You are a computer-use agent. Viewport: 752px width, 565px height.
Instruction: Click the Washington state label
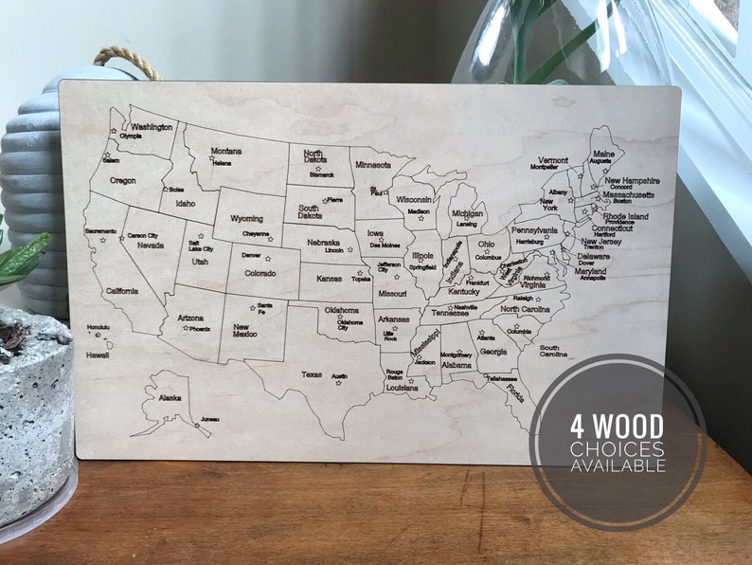pos(152,126)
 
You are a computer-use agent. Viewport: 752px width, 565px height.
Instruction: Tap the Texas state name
pos(312,374)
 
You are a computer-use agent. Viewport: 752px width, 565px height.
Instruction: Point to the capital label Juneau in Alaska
pos(210,419)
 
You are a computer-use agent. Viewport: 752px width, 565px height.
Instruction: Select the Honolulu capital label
pos(98,328)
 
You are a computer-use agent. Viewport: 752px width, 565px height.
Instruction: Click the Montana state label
pos(225,151)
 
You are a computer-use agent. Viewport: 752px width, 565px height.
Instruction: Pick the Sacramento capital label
pos(100,230)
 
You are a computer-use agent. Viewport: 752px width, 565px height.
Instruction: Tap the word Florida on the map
pos(514,392)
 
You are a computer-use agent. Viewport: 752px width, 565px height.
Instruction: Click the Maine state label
pos(603,153)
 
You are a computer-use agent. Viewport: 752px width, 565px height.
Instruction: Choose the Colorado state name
pos(246,275)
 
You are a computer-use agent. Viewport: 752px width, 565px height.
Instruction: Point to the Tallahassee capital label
pos(501,377)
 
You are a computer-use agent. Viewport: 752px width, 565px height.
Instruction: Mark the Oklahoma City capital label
pos(350,324)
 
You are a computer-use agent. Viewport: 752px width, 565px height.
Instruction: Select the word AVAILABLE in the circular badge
pos(618,465)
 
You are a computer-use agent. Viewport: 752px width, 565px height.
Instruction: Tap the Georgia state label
pos(492,351)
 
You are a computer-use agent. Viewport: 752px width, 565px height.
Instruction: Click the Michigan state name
pos(467,214)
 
